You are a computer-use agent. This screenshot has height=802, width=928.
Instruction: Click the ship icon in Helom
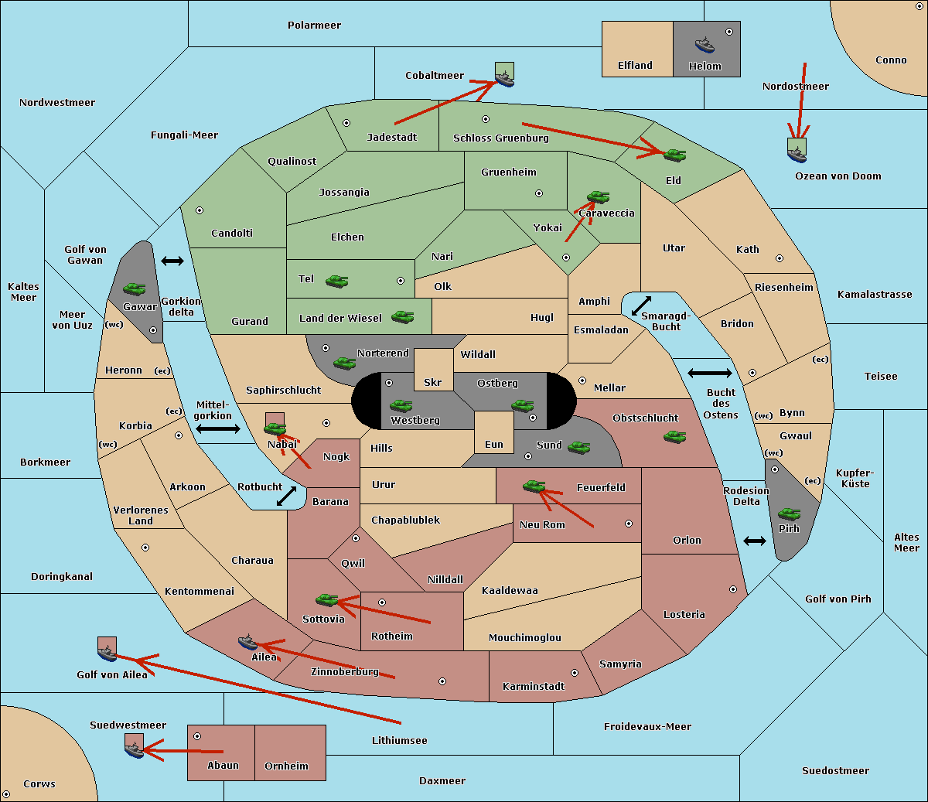pyautogui.click(x=705, y=45)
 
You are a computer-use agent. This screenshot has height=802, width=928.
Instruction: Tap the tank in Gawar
pyautogui.click(x=135, y=288)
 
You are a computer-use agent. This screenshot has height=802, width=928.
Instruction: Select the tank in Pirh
pyautogui.click(x=789, y=514)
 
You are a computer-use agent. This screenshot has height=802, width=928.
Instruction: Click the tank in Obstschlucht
pyautogui.click(x=675, y=436)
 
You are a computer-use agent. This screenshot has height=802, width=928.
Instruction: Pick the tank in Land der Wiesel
pyautogui.click(x=402, y=316)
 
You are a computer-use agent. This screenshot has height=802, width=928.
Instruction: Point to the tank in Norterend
pyautogui.click(x=344, y=363)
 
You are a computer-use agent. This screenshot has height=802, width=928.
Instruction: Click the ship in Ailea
pyautogui.click(x=247, y=642)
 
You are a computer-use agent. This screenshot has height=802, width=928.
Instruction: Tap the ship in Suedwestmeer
pyautogui.click(x=135, y=750)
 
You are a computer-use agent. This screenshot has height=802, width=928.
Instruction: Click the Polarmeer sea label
pyautogui.click(x=314, y=26)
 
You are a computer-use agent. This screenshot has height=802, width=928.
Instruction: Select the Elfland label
pyautogui.click(x=635, y=66)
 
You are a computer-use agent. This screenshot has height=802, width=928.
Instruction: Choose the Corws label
pyautogui.click(x=39, y=783)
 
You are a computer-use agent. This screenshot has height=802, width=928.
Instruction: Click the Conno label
pyautogui.click(x=891, y=60)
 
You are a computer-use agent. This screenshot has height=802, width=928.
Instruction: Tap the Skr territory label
pyautogui.click(x=433, y=382)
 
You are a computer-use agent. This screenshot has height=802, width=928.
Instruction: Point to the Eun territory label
pyautogui.click(x=494, y=444)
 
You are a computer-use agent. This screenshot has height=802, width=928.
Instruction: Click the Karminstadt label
pyautogui.click(x=534, y=686)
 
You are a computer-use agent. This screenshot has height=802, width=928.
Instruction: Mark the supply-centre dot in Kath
pyautogui.click(x=780, y=258)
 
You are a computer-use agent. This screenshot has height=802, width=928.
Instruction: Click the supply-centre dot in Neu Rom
pyautogui.click(x=629, y=524)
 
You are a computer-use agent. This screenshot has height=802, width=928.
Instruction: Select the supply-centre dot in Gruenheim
pyautogui.click(x=539, y=193)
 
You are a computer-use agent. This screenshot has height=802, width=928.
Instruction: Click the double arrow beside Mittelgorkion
pyautogui.click(x=218, y=428)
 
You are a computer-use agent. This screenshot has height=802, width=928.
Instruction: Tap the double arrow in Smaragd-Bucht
pyautogui.click(x=641, y=305)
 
